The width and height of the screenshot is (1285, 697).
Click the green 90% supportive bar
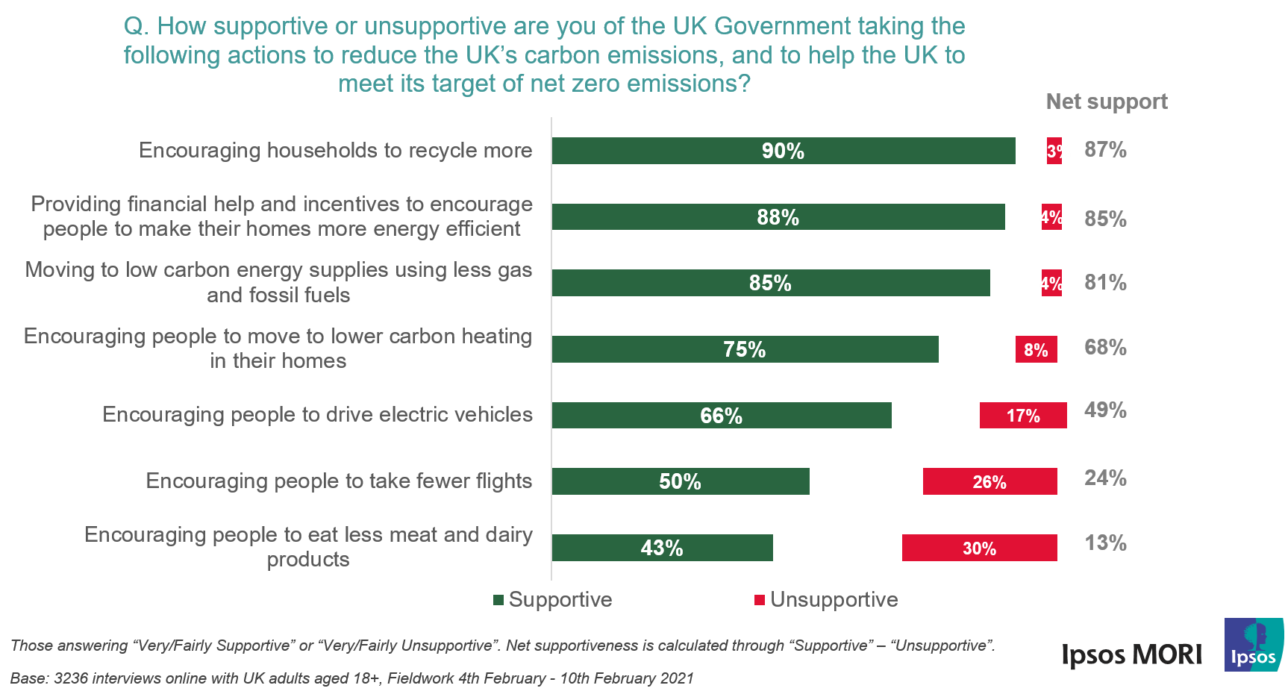pos(784,151)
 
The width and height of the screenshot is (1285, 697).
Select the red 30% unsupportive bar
pos(979,548)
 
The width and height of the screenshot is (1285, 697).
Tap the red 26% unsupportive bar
pos(989,481)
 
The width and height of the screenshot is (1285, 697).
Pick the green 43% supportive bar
pos(662,548)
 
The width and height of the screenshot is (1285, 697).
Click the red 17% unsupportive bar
pos(1022,416)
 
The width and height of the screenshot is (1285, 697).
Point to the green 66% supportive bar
pos(721,416)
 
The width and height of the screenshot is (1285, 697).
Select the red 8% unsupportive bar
pos(1036,349)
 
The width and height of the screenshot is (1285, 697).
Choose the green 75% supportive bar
pos(745,349)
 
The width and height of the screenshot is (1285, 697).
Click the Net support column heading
pos(1106,101)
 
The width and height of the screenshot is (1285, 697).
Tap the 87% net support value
pos(1105,149)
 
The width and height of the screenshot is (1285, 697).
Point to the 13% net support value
pos(1105,543)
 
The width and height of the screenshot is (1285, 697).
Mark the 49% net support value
pos(1105,410)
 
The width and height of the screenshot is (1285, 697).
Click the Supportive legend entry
pos(553,599)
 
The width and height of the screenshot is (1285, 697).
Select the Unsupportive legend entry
pos(827,599)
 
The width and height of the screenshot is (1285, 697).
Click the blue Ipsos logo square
pos(1254,645)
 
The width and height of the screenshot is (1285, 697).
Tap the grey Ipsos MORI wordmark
pos(1131,655)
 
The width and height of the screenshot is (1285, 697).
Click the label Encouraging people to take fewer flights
pos(339,481)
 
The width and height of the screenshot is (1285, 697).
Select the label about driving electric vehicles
pos(317,414)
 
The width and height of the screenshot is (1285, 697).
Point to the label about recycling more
pos(335,150)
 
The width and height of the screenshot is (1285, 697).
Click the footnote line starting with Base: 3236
pos(351,678)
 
